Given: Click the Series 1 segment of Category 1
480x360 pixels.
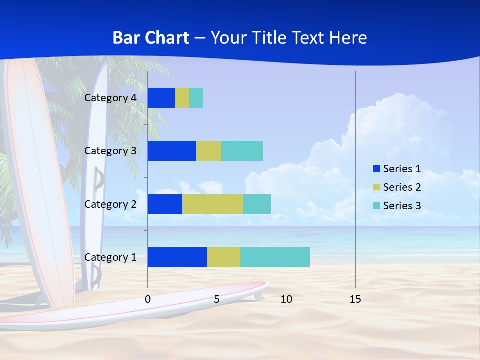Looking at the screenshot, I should point(177,257).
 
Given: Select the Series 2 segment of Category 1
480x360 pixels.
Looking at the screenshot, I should point(224,257).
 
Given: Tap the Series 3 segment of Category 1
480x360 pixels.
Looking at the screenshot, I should point(275,257).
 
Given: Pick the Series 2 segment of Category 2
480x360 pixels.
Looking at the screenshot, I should point(213,204).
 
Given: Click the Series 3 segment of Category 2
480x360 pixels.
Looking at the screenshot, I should point(257,204).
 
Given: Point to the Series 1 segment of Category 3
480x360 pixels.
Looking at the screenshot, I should point(172,151).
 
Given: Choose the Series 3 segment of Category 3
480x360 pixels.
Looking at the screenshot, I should point(242,151).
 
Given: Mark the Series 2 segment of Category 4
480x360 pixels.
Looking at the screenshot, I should point(182,98).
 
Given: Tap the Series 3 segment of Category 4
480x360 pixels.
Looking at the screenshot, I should point(196,98).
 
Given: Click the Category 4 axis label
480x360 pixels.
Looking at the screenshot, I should point(110,98).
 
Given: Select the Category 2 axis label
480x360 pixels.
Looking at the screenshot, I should point(110,204).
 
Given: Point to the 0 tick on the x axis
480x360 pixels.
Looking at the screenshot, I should point(148,299).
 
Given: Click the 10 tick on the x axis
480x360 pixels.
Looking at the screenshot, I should point(286,299).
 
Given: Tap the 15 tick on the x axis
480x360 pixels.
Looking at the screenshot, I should point(355,299).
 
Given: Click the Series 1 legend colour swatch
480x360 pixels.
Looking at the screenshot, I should point(376,169).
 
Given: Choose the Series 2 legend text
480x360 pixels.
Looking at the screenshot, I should point(402,187).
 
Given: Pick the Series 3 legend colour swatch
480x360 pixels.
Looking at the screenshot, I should point(376,206).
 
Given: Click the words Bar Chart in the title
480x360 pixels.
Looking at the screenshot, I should point(151,38).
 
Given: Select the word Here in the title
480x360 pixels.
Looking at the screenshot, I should point(349,38).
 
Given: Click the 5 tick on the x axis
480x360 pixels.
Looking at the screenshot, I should point(217,299).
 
